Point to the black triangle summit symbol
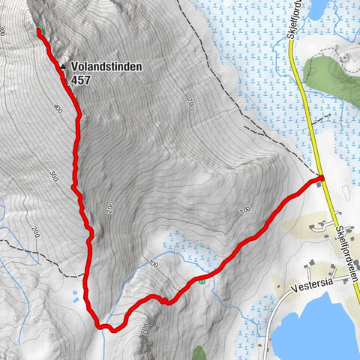(x=64, y=65)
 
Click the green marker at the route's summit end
(x=39, y=31)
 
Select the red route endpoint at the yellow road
(x=320, y=178)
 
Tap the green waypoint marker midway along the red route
(x=202, y=280)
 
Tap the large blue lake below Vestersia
(x=315, y=330)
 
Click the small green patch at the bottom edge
(x=199, y=352)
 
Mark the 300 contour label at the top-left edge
(x=4, y=31)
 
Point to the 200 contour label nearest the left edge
(x=34, y=232)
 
